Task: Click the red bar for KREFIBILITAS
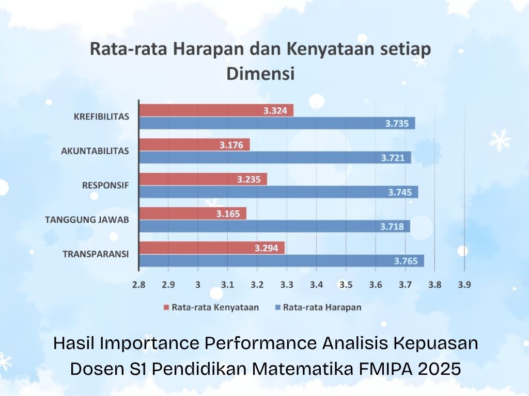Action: click(x=216, y=110)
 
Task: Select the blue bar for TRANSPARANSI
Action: click(x=282, y=261)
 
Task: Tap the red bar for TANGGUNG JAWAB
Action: click(x=193, y=213)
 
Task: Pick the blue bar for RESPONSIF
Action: click(x=278, y=192)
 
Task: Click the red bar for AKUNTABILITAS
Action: click(x=194, y=145)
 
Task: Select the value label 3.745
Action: click(x=399, y=192)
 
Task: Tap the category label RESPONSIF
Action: click(x=105, y=185)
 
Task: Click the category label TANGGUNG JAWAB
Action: click(x=87, y=220)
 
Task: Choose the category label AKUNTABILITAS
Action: click(x=95, y=151)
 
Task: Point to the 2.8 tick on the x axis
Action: click(x=138, y=285)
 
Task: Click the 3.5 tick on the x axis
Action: click(x=346, y=285)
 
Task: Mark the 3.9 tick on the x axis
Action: click(x=464, y=285)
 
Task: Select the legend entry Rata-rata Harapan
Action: click(x=321, y=307)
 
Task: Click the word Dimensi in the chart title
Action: click(x=260, y=73)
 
